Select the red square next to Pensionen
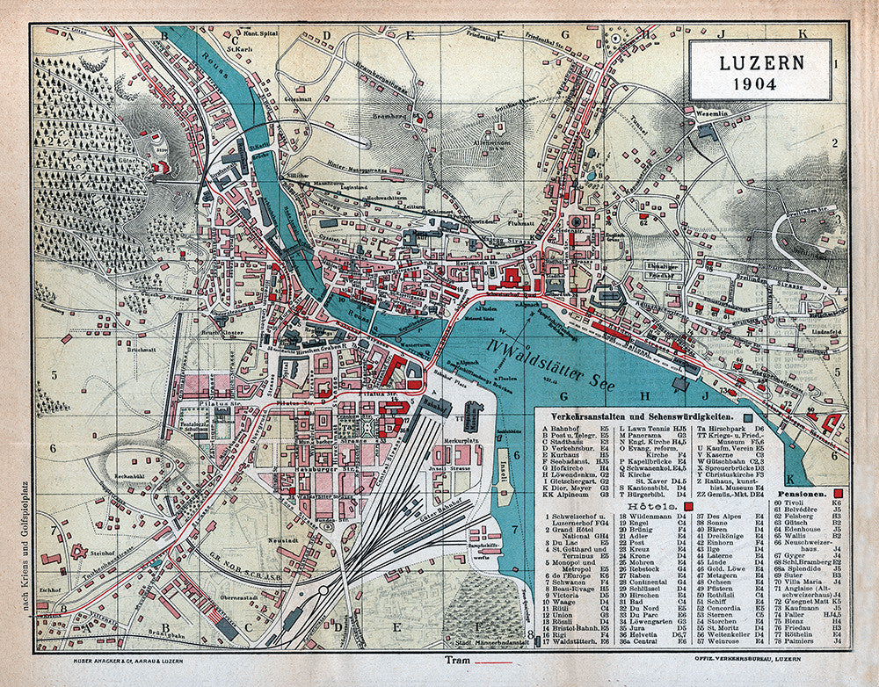841,494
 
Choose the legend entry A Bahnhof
563,427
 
